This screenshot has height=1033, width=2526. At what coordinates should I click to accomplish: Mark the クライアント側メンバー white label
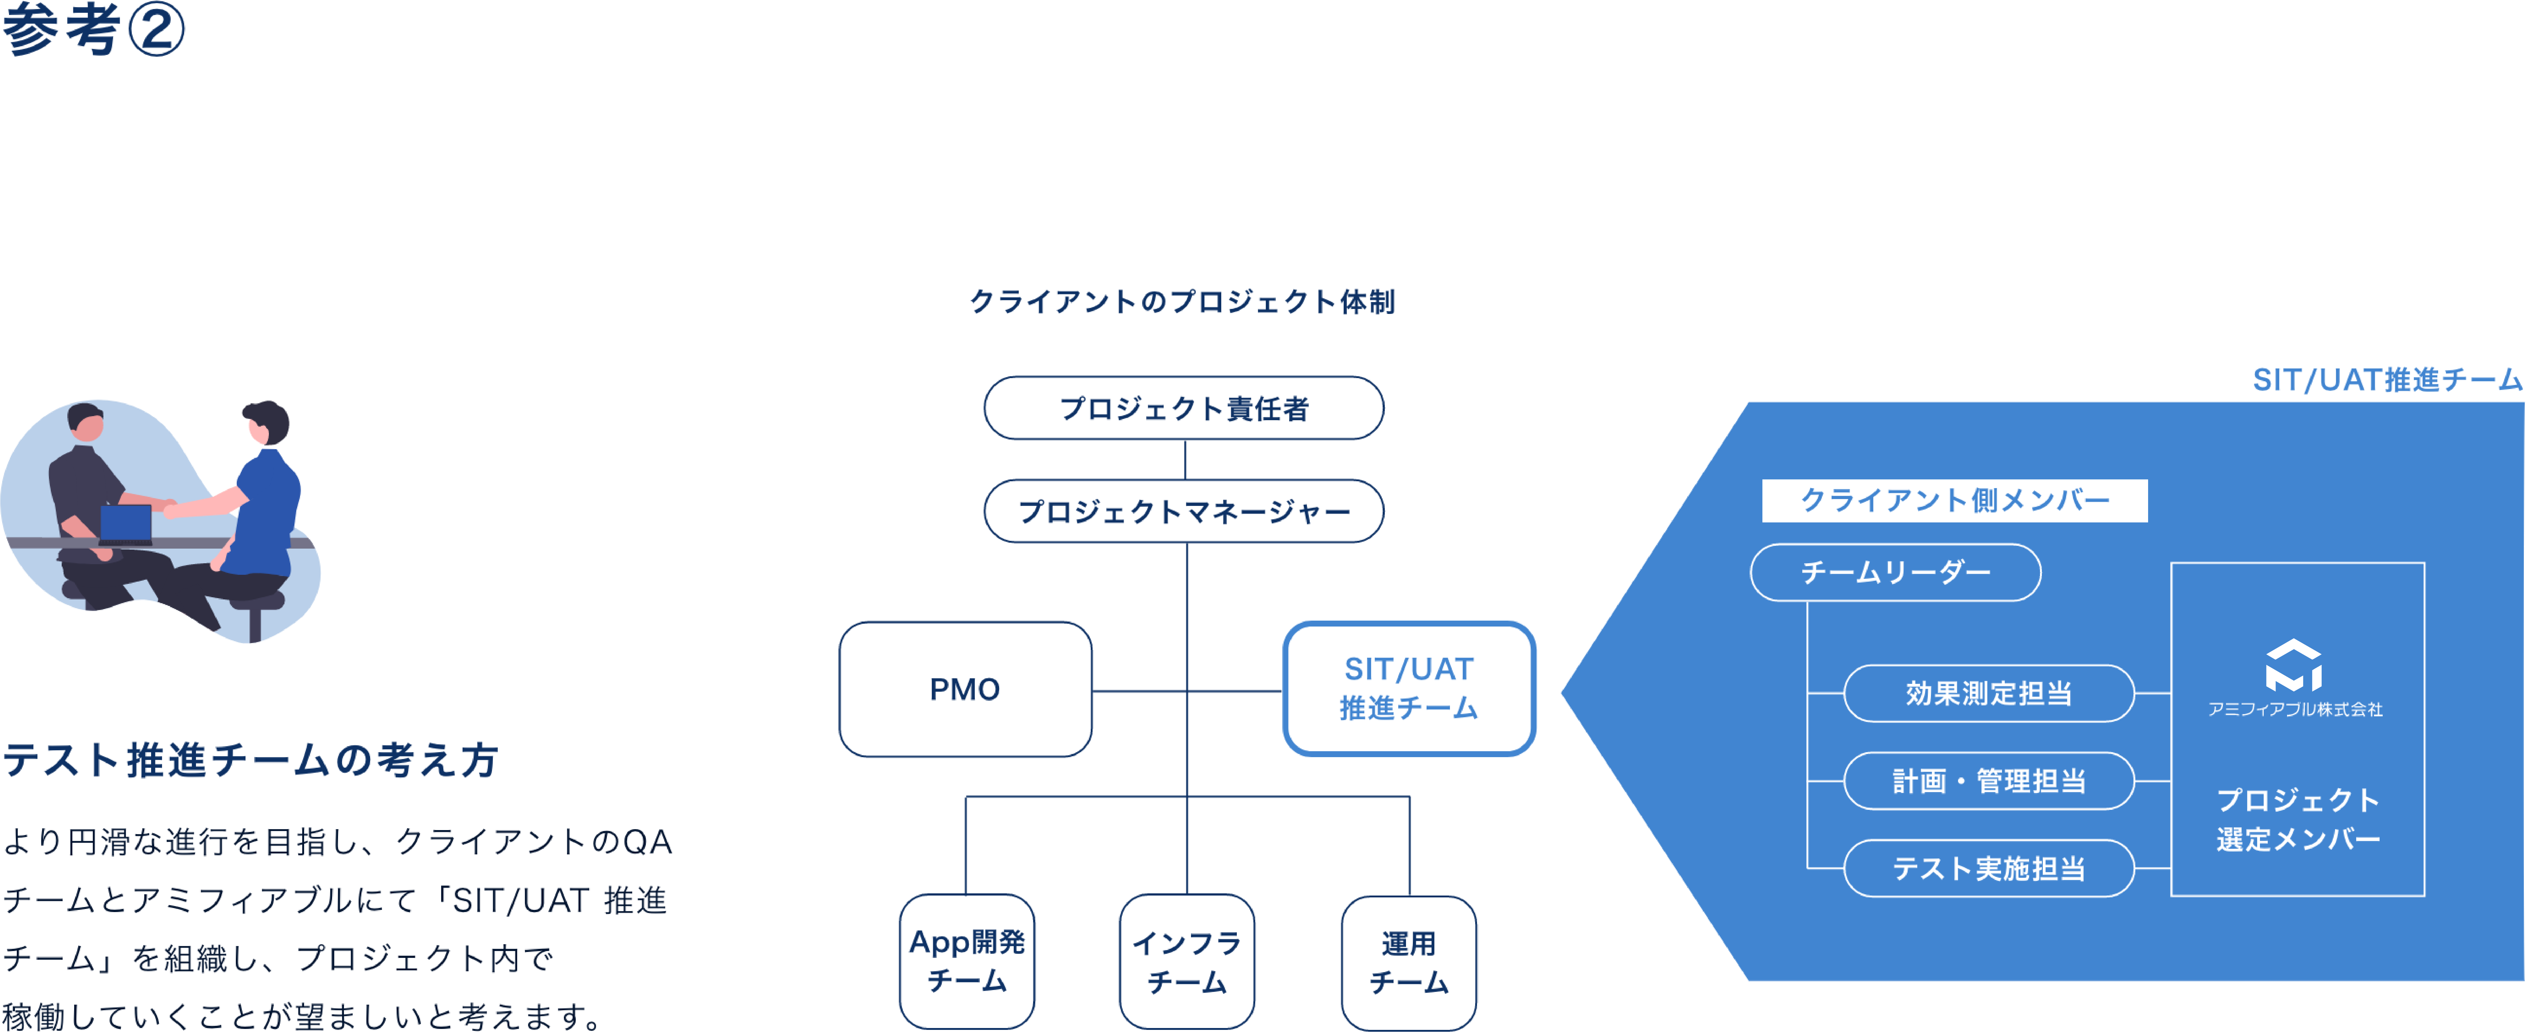[x=1954, y=500]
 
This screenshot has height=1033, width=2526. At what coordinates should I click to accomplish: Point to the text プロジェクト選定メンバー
[x=2298, y=819]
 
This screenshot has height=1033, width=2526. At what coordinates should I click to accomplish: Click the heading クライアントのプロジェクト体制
[x=1182, y=301]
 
